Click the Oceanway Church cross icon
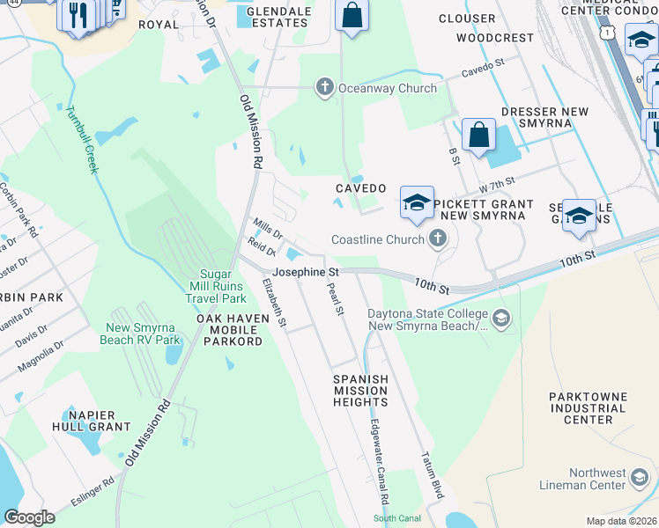click(x=325, y=87)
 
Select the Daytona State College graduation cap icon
click(x=501, y=318)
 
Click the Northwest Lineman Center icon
click(x=640, y=479)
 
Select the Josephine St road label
click(x=306, y=273)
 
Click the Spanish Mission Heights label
click(x=360, y=390)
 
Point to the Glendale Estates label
click(x=264, y=16)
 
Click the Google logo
click(x=29, y=517)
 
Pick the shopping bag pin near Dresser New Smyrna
click(x=478, y=136)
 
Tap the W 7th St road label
click(x=497, y=181)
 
